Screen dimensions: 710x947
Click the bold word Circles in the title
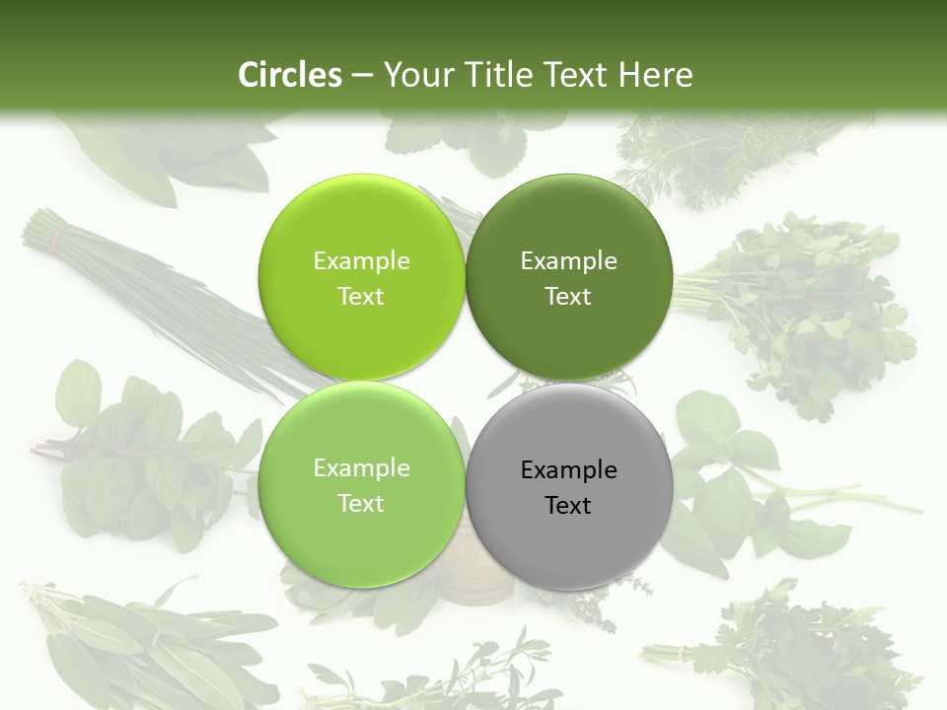(290, 75)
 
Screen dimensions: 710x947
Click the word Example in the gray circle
(569, 470)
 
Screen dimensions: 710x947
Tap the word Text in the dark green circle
(568, 297)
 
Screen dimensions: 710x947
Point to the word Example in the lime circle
(361, 261)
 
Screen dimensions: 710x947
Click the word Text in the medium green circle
(361, 504)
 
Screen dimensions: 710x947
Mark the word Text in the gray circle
(568, 506)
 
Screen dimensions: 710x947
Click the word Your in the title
(416, 75)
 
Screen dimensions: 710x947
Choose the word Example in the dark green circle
(569, 261)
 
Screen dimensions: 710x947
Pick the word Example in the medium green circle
(361, 468)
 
